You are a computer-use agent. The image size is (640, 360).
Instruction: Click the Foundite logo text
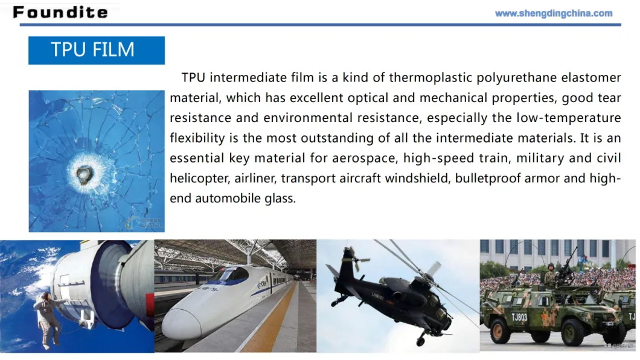(x=60, y=12)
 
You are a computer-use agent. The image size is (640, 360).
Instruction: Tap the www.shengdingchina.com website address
(x=554, y=13)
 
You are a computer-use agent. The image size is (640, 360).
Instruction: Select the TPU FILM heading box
(x=97, y=50)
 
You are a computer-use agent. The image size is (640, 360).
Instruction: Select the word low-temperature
(x=569, y=118)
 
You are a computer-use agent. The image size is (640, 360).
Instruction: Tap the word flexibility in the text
(x=197, y=138)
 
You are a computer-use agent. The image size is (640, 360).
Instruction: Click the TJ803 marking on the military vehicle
(x=519, y=317)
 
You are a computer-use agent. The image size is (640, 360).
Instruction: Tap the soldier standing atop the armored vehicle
(x=551, y=274)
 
